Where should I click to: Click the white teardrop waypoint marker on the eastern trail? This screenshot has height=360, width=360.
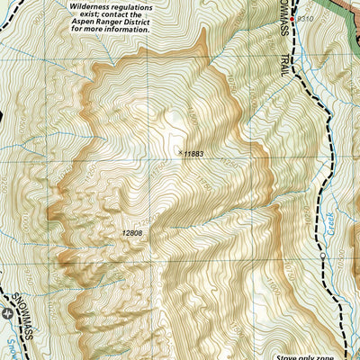coord(322,256)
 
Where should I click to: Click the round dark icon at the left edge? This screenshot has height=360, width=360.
coord(7,313)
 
